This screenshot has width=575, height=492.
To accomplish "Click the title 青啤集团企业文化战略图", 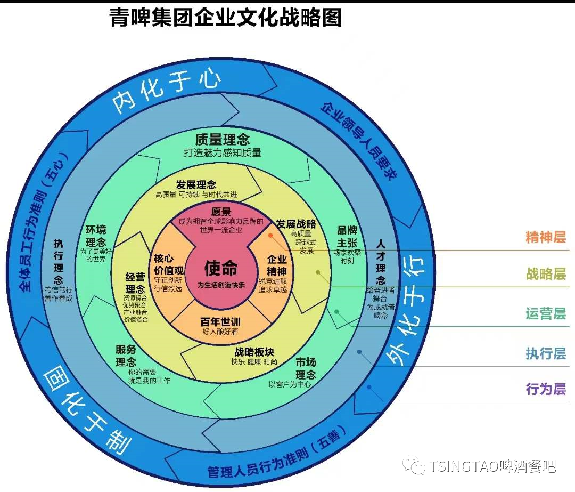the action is pos(225,18).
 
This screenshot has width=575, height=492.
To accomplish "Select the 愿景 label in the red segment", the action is pos(221,212).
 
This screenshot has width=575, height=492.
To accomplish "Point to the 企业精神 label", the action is pos(277,265).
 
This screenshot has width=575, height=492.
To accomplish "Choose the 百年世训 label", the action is pos(220,322).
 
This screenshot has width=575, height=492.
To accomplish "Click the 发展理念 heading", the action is pos(196,184).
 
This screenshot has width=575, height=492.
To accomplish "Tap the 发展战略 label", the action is pos(295,223).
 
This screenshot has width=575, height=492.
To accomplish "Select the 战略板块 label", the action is pos(254,352).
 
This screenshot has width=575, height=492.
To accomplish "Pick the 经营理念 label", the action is pos(135,283).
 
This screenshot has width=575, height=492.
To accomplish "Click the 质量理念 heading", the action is pos(222,140).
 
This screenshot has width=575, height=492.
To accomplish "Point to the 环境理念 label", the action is pos(96,236).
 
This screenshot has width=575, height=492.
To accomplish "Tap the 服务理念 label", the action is pos(126,356).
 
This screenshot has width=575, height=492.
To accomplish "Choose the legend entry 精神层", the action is pos(545,237).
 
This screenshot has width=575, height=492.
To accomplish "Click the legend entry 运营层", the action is pos(545,313).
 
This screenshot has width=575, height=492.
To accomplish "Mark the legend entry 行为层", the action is pos(545,389).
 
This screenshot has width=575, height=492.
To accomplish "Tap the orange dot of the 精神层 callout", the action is pos(270,235).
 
